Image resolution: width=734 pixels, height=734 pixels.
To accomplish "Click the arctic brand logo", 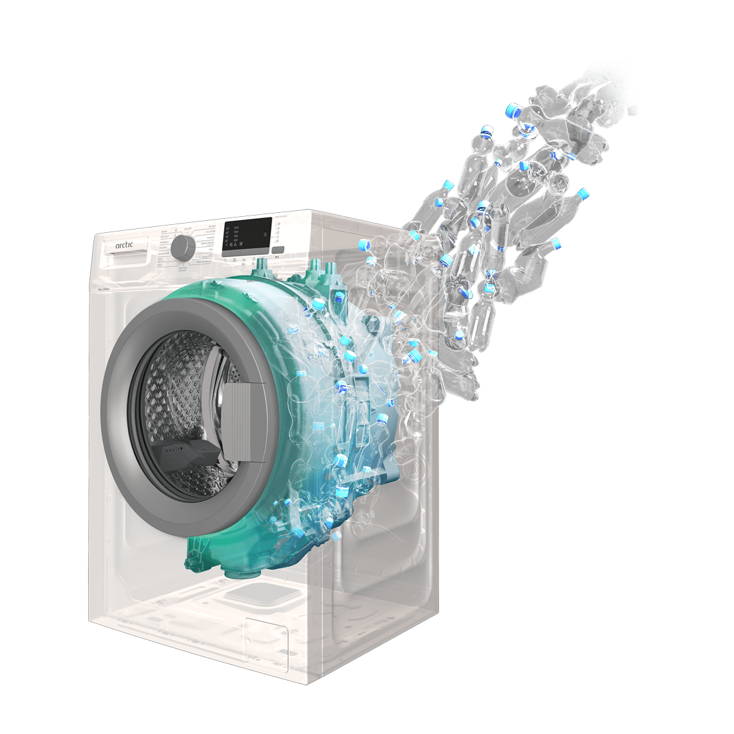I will point(124,246).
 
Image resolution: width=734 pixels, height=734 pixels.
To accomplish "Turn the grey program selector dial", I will point(181,248).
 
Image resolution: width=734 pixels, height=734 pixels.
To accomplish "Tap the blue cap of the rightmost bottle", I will point(583,194).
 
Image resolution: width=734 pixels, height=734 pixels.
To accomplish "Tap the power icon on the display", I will point(265,235).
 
